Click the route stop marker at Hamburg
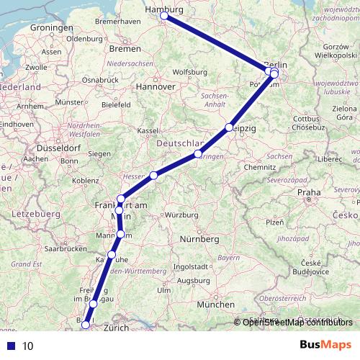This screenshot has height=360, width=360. (164, 15)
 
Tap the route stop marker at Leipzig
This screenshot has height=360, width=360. (230, 127)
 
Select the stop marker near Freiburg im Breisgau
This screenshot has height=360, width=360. (94, 305)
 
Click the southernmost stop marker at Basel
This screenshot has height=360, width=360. (86, 324)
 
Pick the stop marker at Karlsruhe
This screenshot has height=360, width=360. (112, 255)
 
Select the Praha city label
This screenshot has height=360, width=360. (308, 193)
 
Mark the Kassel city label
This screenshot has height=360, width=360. (148, 130)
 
